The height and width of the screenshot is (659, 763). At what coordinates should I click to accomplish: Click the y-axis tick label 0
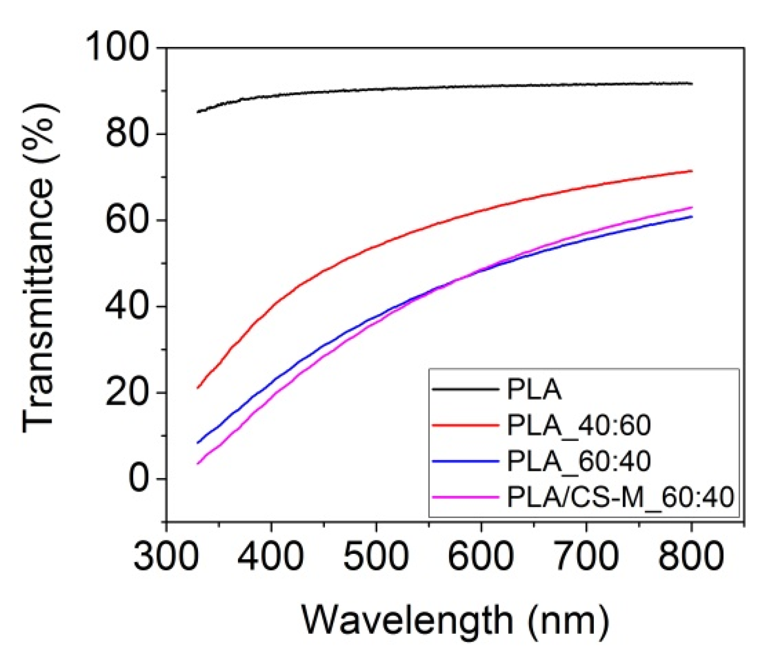tap(139, 478)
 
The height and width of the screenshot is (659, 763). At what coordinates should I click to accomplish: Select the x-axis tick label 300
tap(166, 557)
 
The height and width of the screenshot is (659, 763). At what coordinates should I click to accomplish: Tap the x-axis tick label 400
tap(271, 557)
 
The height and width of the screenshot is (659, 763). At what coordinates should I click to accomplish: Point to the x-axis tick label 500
tap(376, 557)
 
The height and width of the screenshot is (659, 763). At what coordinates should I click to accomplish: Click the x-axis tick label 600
tap(481, 557)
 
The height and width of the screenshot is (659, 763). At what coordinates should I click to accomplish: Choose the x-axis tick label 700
tap(586, 557)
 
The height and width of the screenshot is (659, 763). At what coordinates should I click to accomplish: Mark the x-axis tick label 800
tap(691, 557)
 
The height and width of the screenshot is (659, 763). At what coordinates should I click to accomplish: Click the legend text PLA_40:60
tap(578, 425)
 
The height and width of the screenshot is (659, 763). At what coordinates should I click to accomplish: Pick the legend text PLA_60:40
tap(578, 461)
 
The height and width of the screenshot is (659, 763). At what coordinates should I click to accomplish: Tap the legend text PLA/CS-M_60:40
tap(620, 497)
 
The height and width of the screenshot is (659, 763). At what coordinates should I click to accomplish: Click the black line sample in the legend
tap(465, 389)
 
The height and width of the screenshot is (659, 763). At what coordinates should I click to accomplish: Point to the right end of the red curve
tap(692, 171)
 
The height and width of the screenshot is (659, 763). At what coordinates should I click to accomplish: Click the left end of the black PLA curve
tap(198, 112)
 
